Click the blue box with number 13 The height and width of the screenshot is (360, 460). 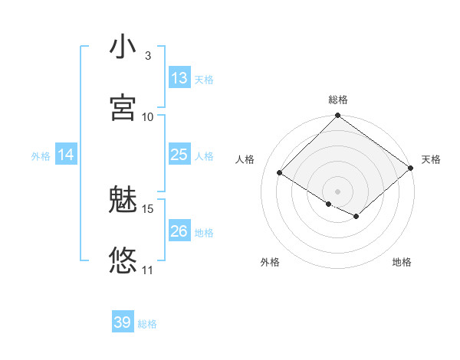coord(179,78)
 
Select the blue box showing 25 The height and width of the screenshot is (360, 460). coord(179,155)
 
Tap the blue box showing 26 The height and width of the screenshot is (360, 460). coord(179,231)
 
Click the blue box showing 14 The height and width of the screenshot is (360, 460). coord(66,155)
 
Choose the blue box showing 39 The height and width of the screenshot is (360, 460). coord(123,322)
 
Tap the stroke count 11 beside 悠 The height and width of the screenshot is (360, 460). coord(148,270)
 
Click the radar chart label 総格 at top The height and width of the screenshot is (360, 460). coord(338,100)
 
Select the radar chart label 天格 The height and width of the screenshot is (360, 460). coord(432,159)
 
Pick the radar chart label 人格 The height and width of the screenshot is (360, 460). coord(245,159)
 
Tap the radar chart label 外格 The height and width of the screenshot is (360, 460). coord(270,262)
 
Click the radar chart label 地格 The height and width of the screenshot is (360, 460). coord(402,262)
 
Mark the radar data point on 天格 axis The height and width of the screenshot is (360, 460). coord(411,169)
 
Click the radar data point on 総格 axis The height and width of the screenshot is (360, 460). coord(338,116)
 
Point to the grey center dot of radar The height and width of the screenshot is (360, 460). coord(338,191)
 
